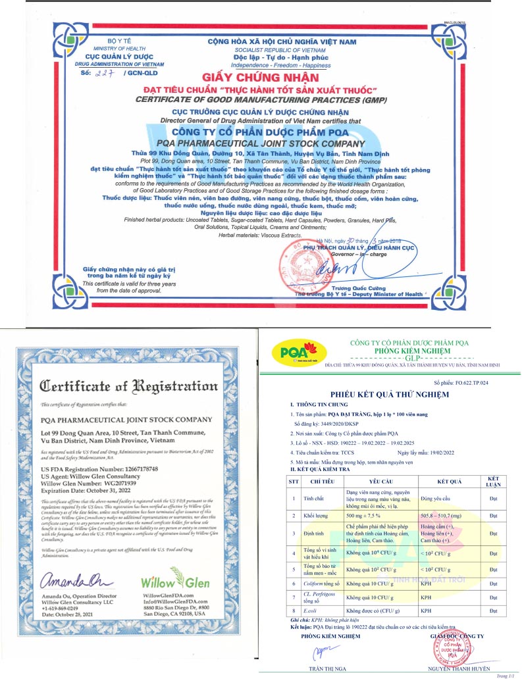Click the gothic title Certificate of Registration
130,386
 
